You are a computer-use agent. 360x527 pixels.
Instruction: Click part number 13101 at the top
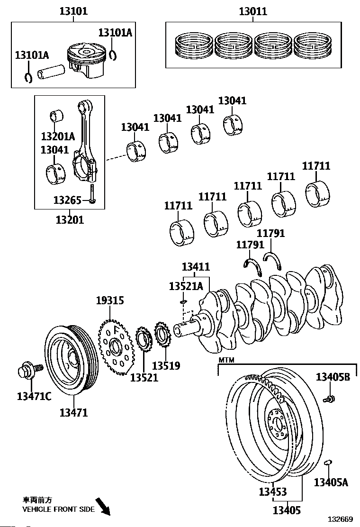click(x=73, y=10)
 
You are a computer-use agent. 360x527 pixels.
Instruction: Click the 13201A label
click(x=58, y=137)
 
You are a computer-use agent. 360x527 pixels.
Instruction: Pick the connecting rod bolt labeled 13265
click(x=92, y=195)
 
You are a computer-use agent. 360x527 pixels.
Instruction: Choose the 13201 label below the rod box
click(x=70, y=219)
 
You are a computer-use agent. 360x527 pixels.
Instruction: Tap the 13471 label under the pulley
click(x=73, y=413)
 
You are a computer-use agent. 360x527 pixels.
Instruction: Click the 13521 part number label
click(x=144, y=377)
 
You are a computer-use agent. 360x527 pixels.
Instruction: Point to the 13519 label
click(x=166, y=366)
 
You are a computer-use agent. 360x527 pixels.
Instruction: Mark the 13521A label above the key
click(x=186, y=286)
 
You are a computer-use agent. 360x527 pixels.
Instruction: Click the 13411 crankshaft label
click(x=196, y=267)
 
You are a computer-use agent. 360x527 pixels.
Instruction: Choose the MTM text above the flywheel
click(x=226, y=360)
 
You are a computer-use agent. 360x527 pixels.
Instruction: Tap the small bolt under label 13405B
click(x=330, y=399)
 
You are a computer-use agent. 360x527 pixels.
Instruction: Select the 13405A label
click(x=331, y=482)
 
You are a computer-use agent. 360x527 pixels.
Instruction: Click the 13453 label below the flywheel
click(x=273, y=492)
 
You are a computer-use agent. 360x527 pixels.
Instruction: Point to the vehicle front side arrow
click(x=103, y=505)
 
